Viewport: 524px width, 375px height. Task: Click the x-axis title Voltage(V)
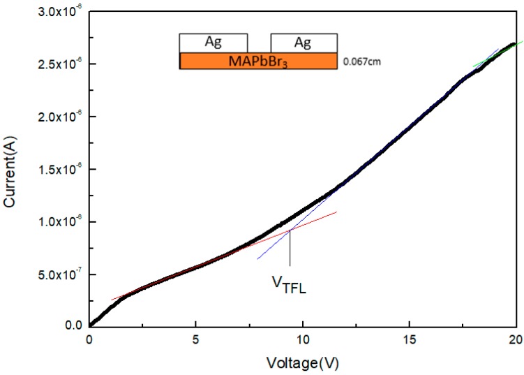301,363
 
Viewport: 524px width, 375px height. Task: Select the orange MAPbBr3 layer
258,61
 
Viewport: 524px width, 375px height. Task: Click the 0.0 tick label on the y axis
73,325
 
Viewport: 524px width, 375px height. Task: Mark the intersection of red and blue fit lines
290,230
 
